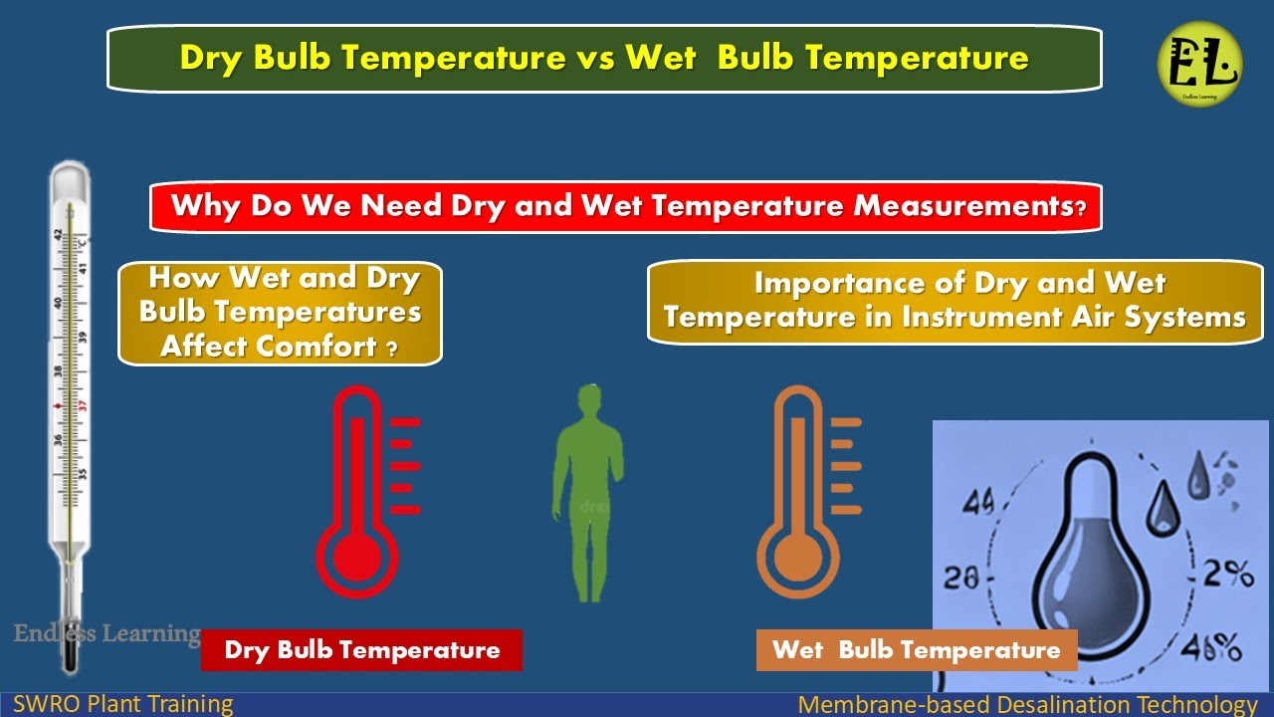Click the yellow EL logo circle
pos(1199,64)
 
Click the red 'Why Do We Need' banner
pos(626,207)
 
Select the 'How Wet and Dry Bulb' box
pos(280,313)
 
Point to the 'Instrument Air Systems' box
pos(955,302)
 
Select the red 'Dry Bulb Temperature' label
pos(361,650)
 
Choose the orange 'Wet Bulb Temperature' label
pos(916,650)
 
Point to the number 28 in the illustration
pos(963,579)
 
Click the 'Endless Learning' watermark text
pos(106,633)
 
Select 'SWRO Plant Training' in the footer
pos(123,705)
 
